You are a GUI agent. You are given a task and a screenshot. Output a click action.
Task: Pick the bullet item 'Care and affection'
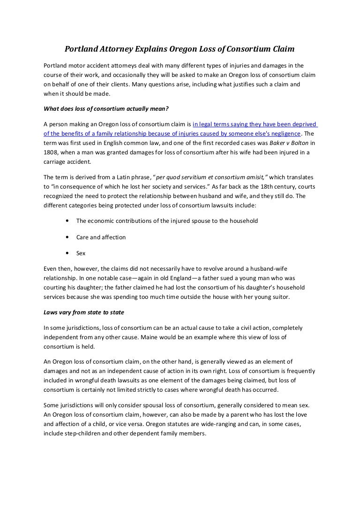101,237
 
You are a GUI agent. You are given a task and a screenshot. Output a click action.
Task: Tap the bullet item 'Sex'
81,253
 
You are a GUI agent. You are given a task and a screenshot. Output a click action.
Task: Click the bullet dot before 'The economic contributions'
69,221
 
